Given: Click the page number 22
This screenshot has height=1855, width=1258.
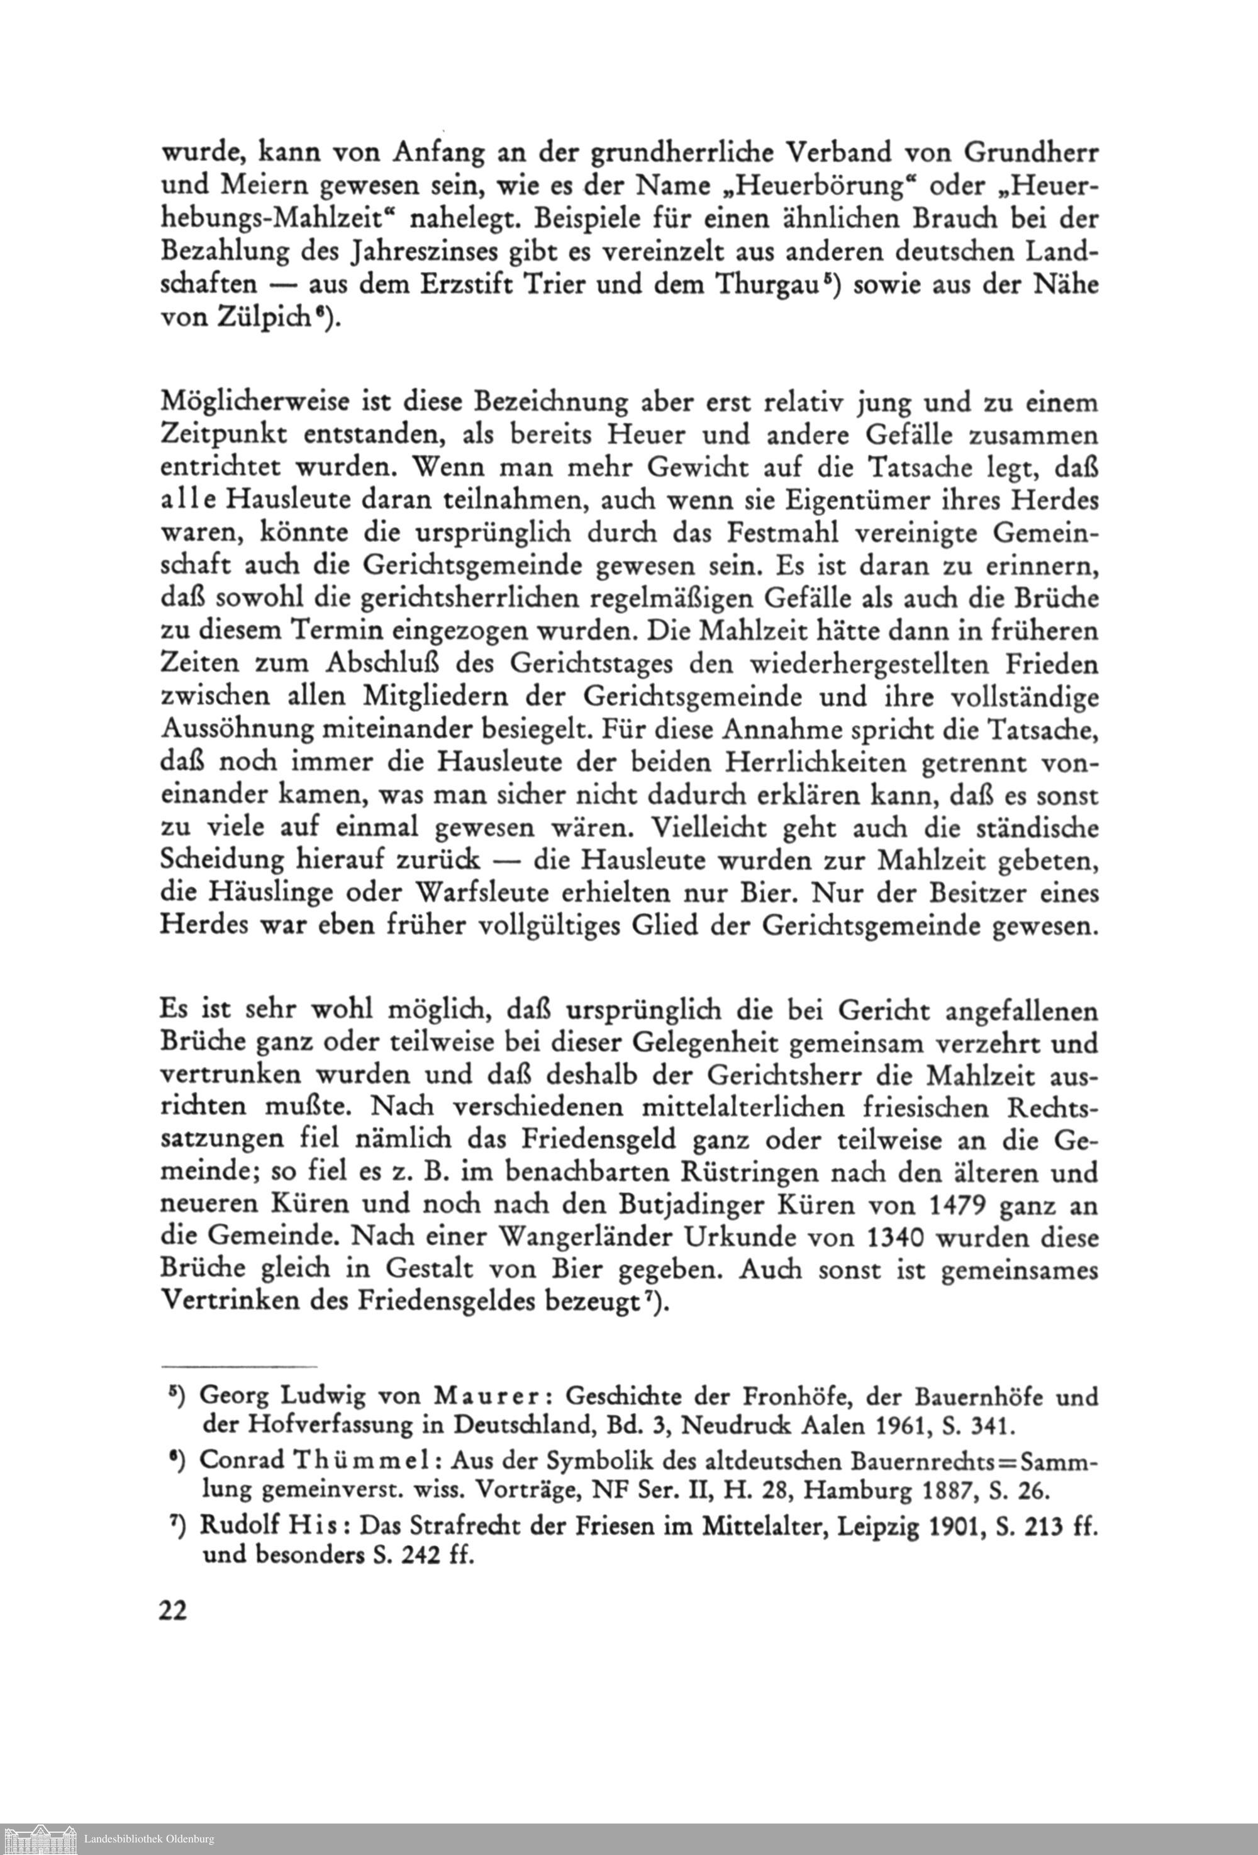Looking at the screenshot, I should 173,1608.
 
